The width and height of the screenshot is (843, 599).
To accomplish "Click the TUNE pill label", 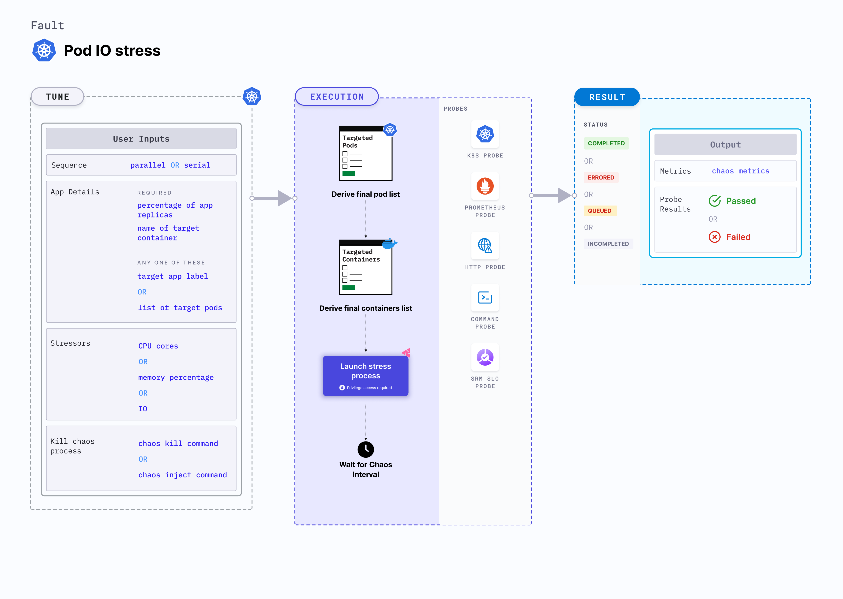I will click(x=58, y=97).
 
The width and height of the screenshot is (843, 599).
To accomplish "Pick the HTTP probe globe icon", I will click(x=485, y=245).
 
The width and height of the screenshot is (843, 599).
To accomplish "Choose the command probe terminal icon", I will click(x=485, y=297).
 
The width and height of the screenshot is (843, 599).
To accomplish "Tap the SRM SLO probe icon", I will click(x=485, y=357).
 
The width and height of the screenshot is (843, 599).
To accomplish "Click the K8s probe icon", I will click(x=485, y=134).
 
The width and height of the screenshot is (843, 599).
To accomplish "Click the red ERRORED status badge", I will click(x=601, y=177).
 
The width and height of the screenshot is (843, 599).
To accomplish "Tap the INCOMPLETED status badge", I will click(x=608, y=244).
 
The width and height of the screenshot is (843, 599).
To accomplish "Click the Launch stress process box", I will click(x=365, y=375).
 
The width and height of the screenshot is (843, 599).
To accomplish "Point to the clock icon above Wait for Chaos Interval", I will click(x=366, y=449).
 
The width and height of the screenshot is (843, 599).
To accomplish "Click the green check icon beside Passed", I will click(x=714, y=201).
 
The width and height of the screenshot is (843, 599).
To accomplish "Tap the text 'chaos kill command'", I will click(x=178, y=443).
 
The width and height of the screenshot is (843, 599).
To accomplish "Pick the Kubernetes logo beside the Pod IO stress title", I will click(x=44, y=51).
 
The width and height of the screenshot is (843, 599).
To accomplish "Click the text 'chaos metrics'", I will click(x=740, y=171).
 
